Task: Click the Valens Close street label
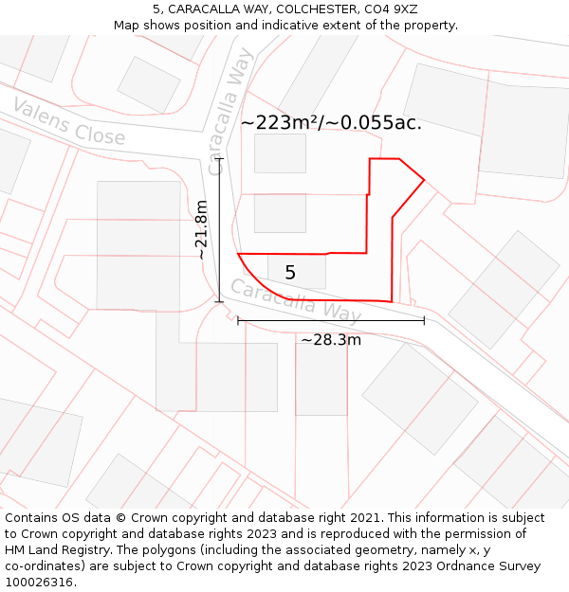click(68, 121)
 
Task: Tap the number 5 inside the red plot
click(290, 273)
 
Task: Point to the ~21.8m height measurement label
click(201, 229)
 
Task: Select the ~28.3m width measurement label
click(331, 340)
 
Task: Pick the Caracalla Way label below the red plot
click(296, 299)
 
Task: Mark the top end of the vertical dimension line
click(220, 159)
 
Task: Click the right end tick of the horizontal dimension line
click(424, 321)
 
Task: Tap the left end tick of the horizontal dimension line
click(238, 321)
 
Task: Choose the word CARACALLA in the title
click(202, 9)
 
